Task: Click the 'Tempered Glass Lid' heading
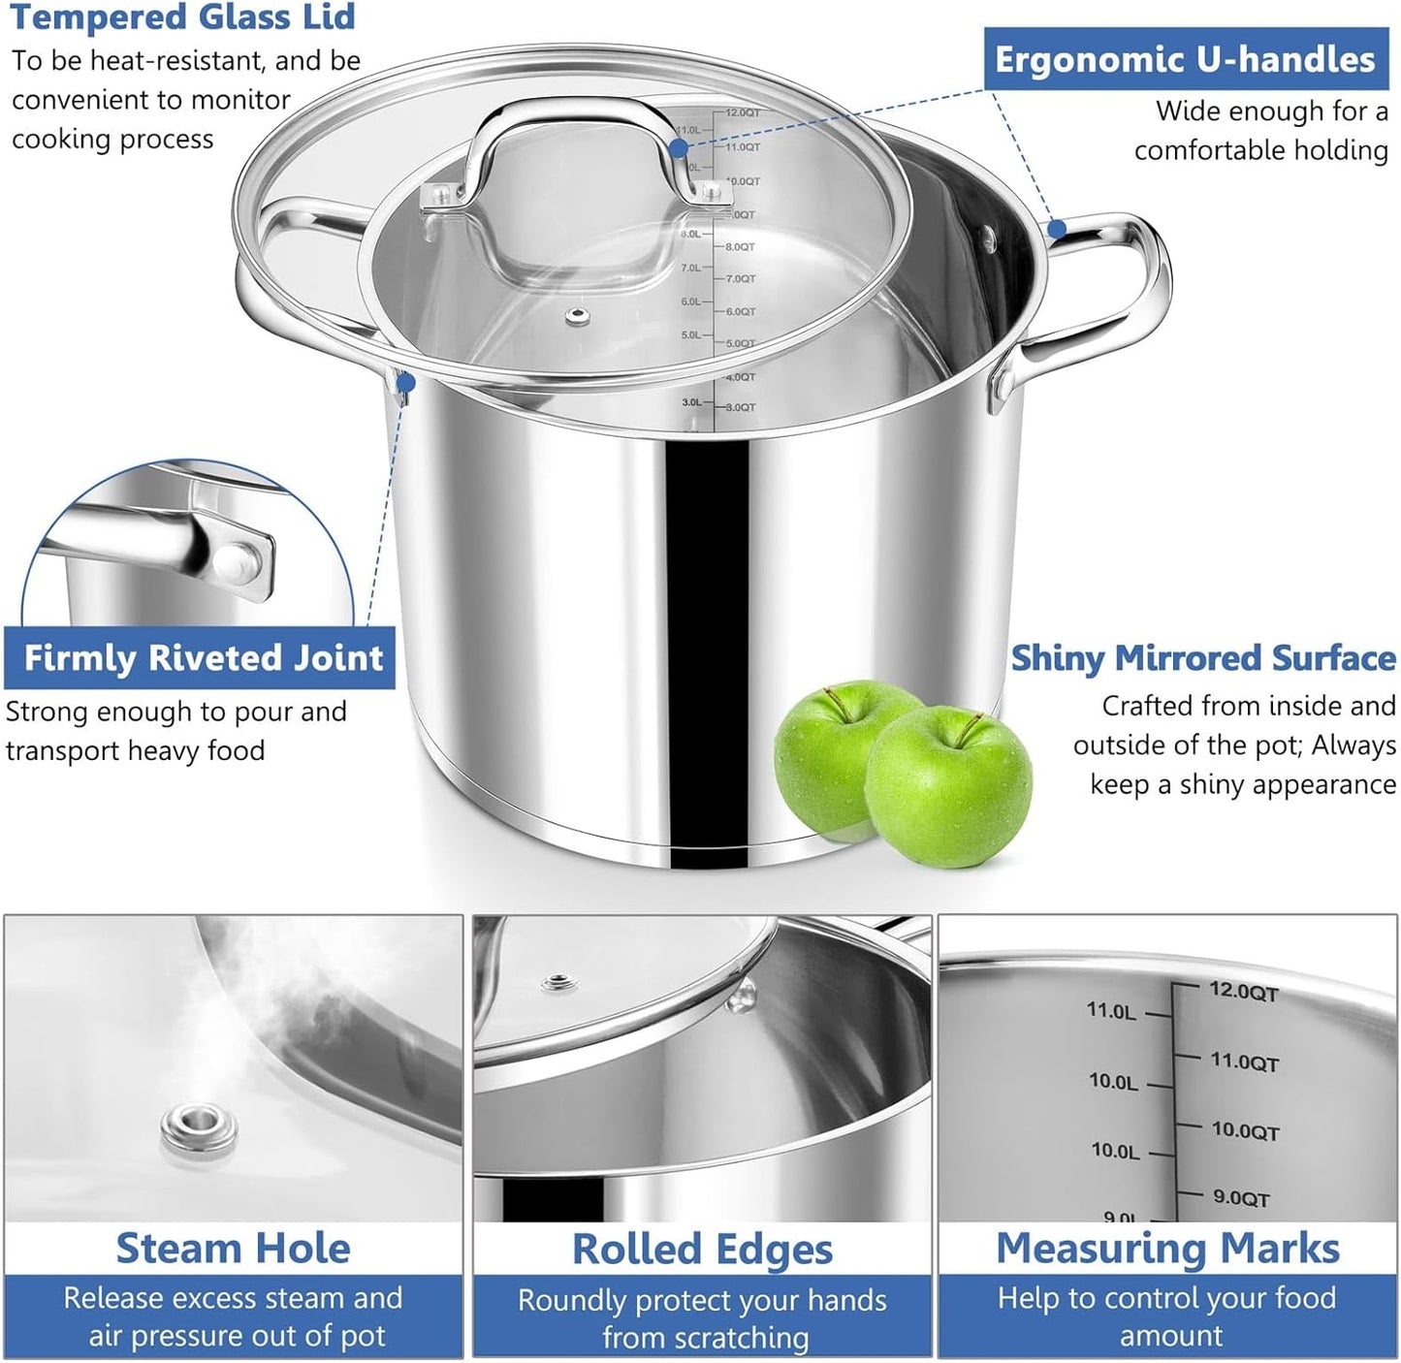click(x=182, y=16)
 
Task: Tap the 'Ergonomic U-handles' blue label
click(x=1185, y=59)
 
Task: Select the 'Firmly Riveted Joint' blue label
click(x=204, y=658)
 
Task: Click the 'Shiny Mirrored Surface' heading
click(x=1203, y=658)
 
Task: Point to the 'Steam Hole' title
click(x=233, y=1249)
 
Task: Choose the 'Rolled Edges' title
click(x=702, y=1250)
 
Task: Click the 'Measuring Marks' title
click(x=1167, y=1249)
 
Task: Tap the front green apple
click(x=947, y=786)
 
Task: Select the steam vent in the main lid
click(x=578, y=316)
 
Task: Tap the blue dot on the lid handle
click(x=679, y=147)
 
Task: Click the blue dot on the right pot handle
click(x=1057, y=230)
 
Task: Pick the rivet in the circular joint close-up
click(x=237, y=560)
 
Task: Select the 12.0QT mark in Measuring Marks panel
click(x=1243, y=993)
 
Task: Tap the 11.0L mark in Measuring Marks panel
click(x=1111, y=1011)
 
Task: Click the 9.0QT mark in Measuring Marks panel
click(x=1240, y=1198)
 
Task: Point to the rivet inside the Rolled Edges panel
click(x=743, y=996)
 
